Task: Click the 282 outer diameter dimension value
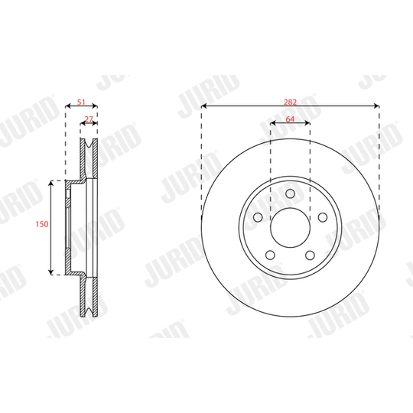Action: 291,101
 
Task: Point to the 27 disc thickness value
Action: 89,119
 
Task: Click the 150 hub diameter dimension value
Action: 43,225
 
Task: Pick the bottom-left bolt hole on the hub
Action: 272,254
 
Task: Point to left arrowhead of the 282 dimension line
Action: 204,106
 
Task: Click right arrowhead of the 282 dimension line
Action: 377,106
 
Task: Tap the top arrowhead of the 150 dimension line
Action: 51,183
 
